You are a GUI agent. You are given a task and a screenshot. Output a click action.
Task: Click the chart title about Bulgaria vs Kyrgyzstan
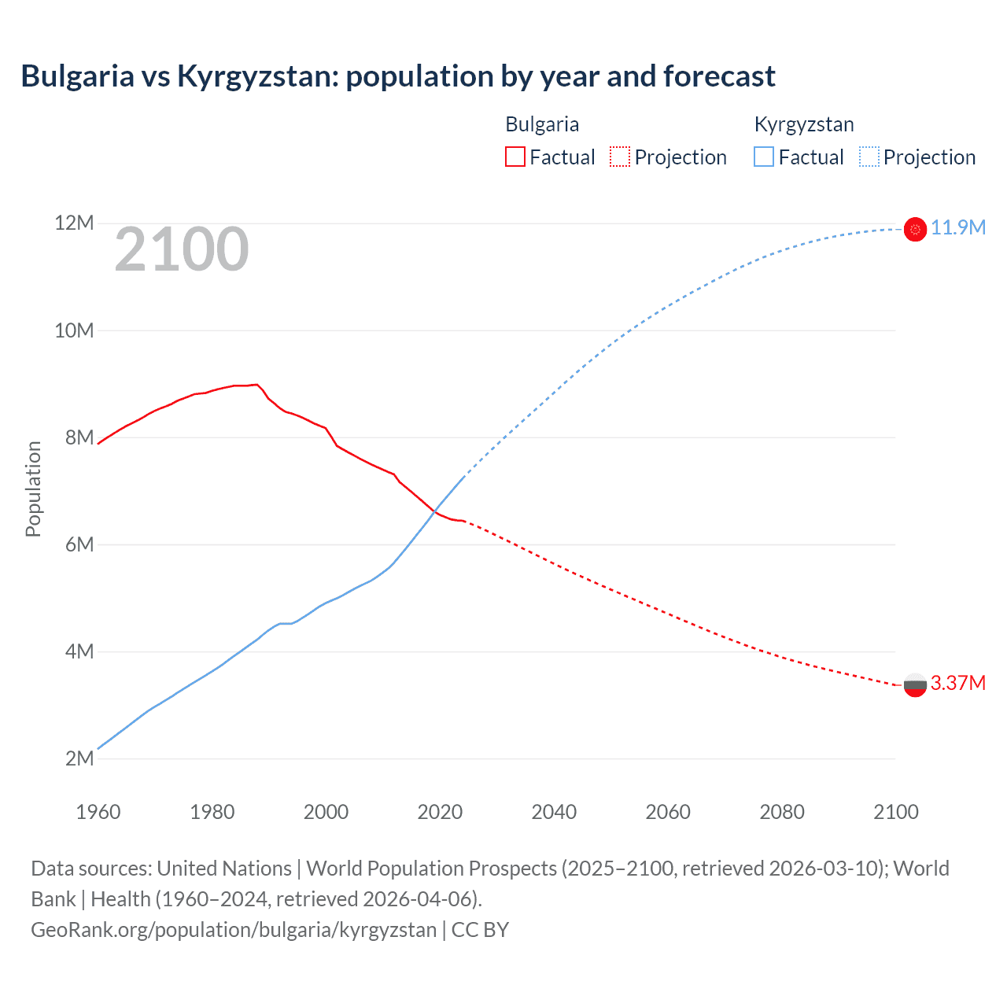pyautogui.click(x=398, y=76)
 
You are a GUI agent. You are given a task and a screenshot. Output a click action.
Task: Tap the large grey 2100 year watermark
pyautogui.click(x=182, y=249)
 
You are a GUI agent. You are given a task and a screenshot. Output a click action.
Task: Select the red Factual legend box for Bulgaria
pyautogui.click(x=515, y=157)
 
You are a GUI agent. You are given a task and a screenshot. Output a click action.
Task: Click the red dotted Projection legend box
pyautogui.click(x=620, y=157)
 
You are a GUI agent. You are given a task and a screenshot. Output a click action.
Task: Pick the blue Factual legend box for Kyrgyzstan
pyautogui.click(x=764, y=157)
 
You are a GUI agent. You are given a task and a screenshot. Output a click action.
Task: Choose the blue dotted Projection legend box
pyautogui.click(x=869, y=157)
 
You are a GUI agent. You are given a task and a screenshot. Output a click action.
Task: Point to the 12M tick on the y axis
pyautogui.click(x=74, y=223)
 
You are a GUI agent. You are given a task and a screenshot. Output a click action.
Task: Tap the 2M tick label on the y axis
pyautogui.click(x=79, y=758)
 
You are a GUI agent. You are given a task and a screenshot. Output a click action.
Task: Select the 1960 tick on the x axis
pyautogui.click(x=98, y=812)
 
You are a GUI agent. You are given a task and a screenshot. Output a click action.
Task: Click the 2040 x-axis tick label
pyautogui.click(x=554, y=812)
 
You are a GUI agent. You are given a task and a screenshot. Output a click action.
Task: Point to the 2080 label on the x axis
pyautogui.click(x=782, y=812)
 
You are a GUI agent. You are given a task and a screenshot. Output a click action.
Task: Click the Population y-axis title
pyautogui.click(x=33, y=489)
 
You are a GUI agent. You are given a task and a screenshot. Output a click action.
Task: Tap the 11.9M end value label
pyautogui.click(x=958, y=228)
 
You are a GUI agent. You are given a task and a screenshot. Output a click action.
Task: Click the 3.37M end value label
pyautogui.click(x=958, y=683)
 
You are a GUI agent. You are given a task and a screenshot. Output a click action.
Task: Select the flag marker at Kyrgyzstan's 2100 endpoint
pyautogui.click(x=915, y=229)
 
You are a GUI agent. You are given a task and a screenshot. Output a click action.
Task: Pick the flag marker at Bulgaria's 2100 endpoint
pyautogui.click(x=915, y=685)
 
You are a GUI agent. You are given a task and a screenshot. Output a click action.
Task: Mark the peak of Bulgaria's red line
pyautogui.click(x=256, y=385)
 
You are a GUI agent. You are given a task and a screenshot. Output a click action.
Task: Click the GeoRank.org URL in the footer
pyautogui.click(x=234, y=930)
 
